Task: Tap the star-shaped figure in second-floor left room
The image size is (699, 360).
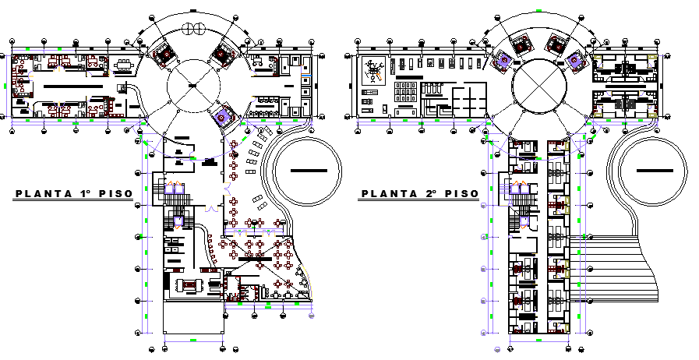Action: (x=374, y=72)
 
